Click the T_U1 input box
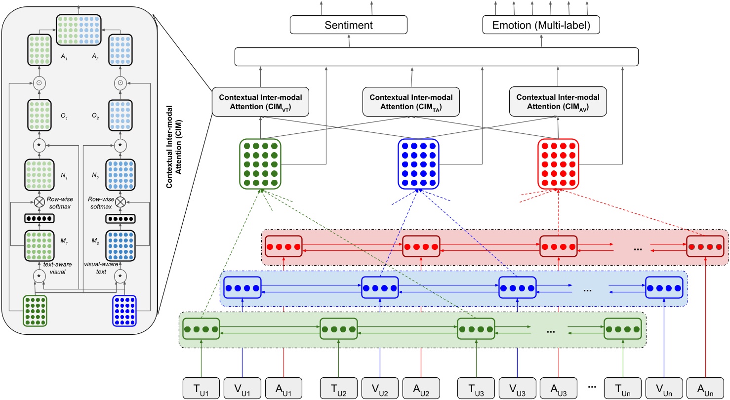tap(202, 387)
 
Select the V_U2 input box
tap(380, 387)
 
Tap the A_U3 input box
tap(558, 387)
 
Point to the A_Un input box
tap(706, 387)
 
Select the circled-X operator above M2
tap(119, 202)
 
